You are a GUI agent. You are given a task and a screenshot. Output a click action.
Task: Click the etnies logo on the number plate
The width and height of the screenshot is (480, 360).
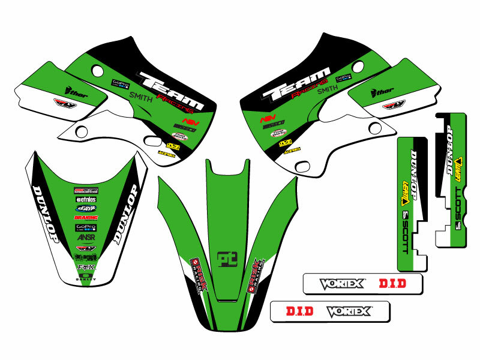coord(86,199)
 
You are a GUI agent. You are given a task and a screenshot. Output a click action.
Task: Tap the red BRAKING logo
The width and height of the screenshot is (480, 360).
coord(86,218)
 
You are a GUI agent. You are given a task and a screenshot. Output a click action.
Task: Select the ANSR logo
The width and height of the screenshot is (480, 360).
coord(86,238)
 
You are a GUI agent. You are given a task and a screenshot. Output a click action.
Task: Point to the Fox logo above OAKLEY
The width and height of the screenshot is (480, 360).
coord(86,267)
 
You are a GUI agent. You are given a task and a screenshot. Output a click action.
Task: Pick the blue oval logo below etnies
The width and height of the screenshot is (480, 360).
coord(86,208)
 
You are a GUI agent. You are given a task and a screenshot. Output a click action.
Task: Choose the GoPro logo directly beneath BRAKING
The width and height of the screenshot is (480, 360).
coord(86,227)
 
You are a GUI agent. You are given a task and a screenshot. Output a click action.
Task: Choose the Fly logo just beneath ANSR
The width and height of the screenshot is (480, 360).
coord(86,248)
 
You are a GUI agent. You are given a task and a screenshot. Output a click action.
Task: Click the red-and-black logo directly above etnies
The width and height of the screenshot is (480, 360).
coord(86,190)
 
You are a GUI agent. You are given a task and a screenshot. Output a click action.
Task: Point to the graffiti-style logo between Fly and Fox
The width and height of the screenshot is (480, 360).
coord(86,257)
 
